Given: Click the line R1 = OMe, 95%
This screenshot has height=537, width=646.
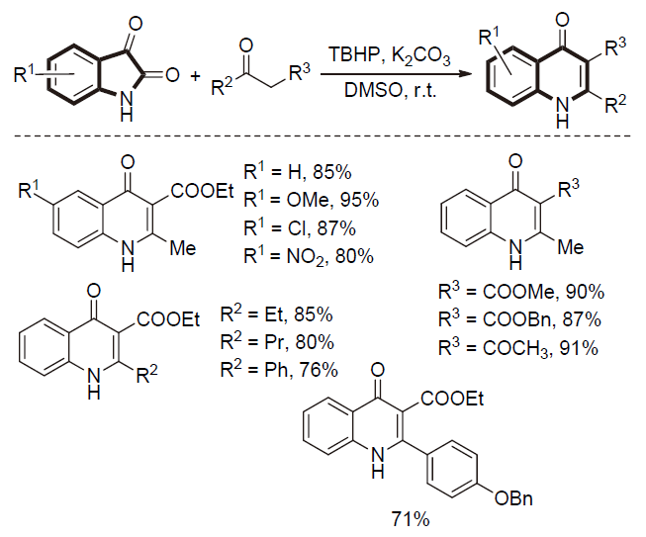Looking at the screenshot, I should click(x=311, y=202).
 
